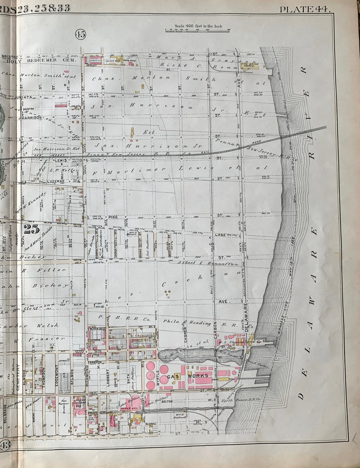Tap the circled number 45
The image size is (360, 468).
point(80,34)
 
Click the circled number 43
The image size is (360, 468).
point(5,445)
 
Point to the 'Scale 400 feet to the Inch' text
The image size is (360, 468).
point(198,26)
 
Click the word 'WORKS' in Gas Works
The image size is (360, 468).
point(198,376)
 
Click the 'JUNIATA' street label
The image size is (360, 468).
point(23,97)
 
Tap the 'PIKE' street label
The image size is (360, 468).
point(113,217)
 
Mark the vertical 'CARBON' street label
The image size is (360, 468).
point(215,331)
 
